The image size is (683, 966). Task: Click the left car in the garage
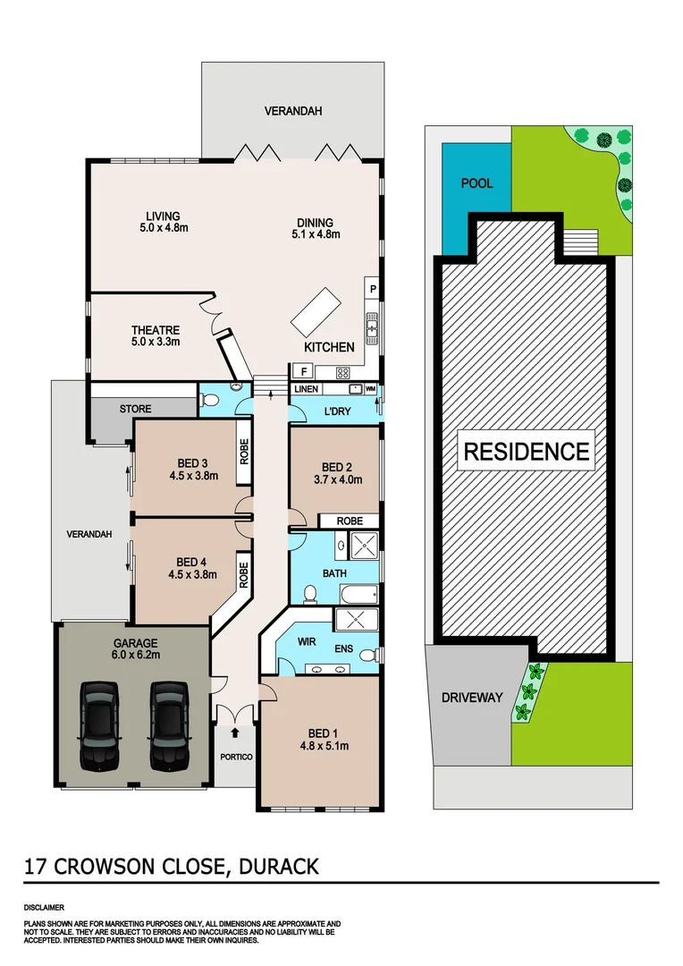pyautogui.click(x=99, y=724)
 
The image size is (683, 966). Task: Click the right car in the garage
pyautogui.click(x=168, y=724)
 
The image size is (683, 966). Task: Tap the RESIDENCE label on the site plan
pyautogui.click(x=527, y=452)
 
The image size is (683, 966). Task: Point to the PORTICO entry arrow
pyautogui.click(x=235, y=733)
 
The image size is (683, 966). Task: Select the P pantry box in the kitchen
pyautogui.click(x=373, y=289)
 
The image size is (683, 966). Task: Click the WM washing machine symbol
pyautogui.click(x=370, y=389)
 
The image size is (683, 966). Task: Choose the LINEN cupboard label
pyautogui.click(x=306, y=389)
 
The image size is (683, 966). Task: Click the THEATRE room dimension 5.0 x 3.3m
pyautogui.click(x=156, y=342)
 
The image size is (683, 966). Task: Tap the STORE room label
pyautogui.click(x=135, y=409)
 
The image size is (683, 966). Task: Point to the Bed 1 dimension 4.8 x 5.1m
pyautogui.click(x=323, y=745)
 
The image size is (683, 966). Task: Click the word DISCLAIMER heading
pyautogui.click(x=44, y=906)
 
